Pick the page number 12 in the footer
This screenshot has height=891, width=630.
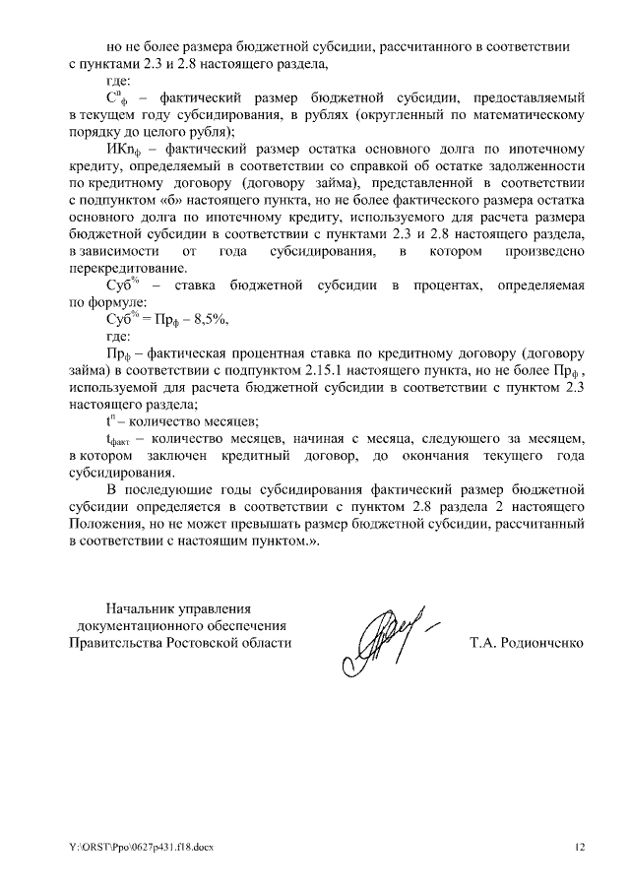click(x=580, y=847)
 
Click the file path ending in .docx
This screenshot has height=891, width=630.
click(x=139, y=847)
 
